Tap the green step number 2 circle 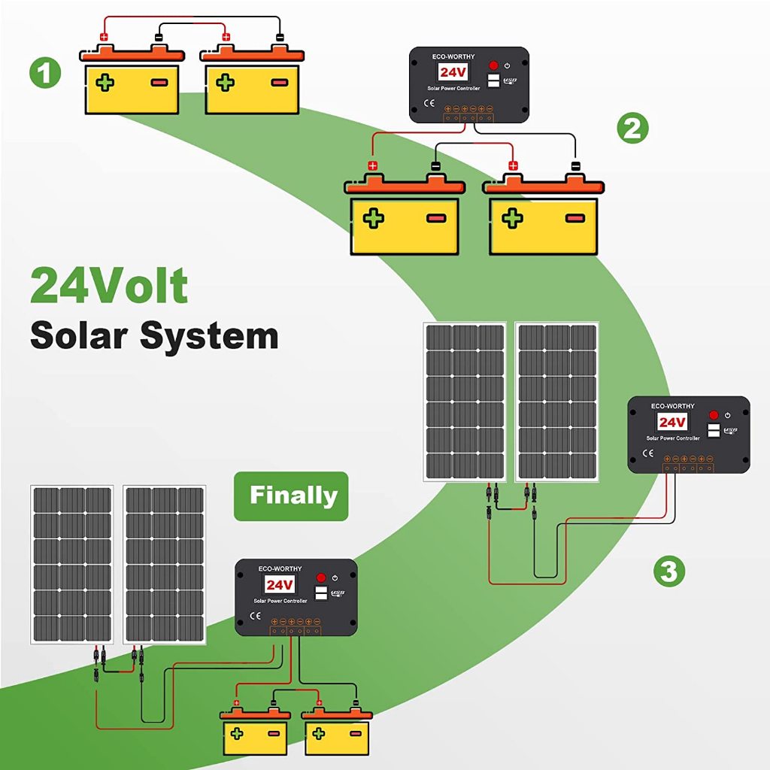click(x=632, y=129)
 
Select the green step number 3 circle click(x=668, y=571)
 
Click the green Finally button click(x=292, y=496)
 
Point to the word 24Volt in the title click(x=109, y=286)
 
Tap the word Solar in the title click(x=80, y=335)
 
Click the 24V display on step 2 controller click(x=453, y=73)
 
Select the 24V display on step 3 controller click(x=672, y=422)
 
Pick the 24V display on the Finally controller click(x=279, y=584)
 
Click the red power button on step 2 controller click(x=493, y=66)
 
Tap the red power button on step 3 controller click(x=714, y=415)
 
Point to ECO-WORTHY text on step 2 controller click(x=453, y=56)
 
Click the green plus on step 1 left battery click(x=105, y=82)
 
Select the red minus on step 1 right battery click(x=279, y=83)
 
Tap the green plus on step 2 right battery click(x=513, y=219)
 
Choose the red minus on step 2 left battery click(x=436, y=219)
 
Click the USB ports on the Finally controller click(x=320, y=594)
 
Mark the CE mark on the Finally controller click(x=255, y=616)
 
